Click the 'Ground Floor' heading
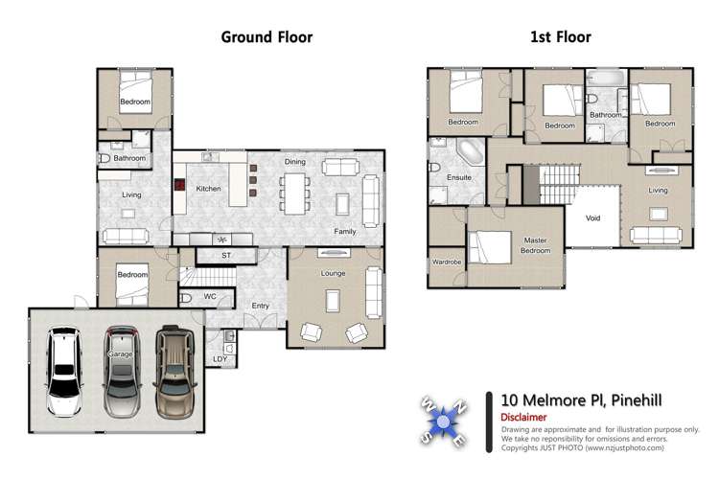coord(267,37)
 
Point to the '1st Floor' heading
coord(560,37)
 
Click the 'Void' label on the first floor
coord(593,217)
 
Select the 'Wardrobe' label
coord(446,261)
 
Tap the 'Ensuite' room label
coord(459,177)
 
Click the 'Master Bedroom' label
coord(536,245)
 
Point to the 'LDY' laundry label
coord(220,359)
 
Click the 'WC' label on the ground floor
coord(210,296)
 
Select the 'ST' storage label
coord(226,256)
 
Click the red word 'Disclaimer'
coord(523,417)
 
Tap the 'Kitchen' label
coord(208,189)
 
